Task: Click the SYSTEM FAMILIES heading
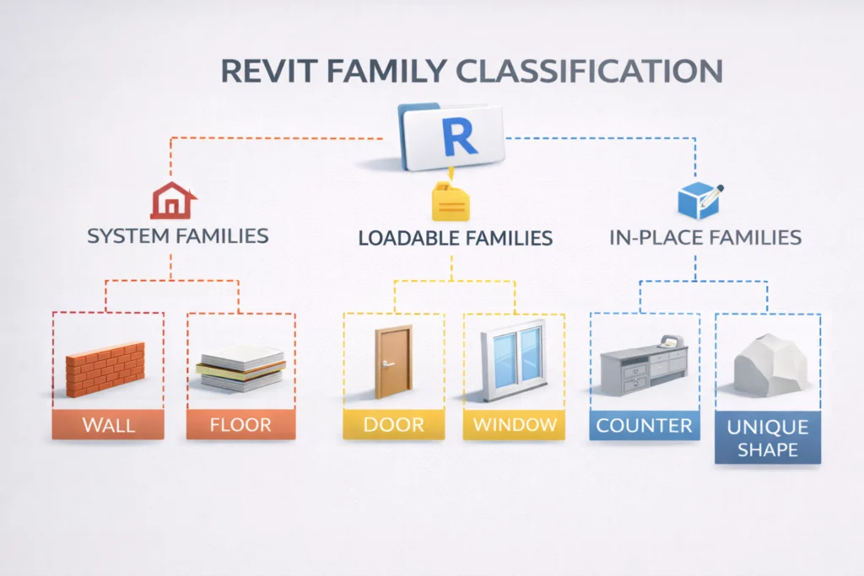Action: (178, 235)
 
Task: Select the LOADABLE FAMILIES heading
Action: (455, 238)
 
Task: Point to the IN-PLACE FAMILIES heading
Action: (705, 237)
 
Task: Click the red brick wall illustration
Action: (105, 368)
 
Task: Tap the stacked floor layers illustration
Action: (240, 368)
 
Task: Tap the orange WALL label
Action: (107, 424)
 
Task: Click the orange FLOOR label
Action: (240, 424)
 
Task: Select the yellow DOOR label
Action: (393, 424)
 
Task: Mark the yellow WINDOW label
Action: (515, 424)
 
